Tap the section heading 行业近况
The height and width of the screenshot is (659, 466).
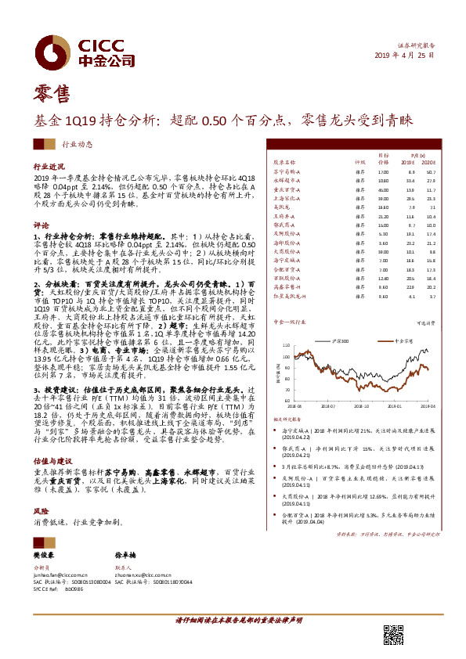pyautogui.click(x=49, y=167)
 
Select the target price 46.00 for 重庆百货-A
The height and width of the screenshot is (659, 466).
pyautogui.click(x=383, y=189)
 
